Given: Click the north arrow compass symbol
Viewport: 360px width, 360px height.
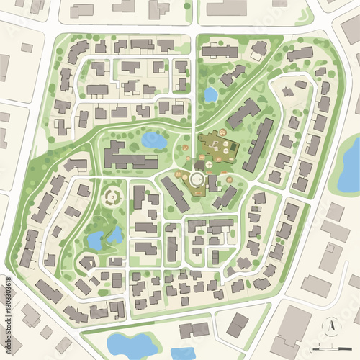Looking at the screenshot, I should coord(330,326).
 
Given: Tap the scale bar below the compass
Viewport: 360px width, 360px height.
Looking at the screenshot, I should coord(328,348).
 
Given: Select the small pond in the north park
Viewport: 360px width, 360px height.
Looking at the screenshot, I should coord(210,94).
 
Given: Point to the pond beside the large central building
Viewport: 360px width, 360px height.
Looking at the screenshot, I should coord(153,140).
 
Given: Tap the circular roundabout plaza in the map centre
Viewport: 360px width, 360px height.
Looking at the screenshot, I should coord(197,179).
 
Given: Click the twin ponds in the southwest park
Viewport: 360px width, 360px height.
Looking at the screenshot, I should coord(104,238).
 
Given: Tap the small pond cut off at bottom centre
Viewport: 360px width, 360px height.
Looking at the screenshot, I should coord(183,354).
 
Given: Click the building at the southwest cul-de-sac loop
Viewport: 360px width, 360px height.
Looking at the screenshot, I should coord(86,264).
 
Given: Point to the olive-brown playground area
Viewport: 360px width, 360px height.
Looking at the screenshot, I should coord(219,147).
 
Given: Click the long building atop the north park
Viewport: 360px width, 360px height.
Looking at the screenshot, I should coord(220,52).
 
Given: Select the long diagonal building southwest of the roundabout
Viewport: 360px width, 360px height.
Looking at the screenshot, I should coord(174,194).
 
